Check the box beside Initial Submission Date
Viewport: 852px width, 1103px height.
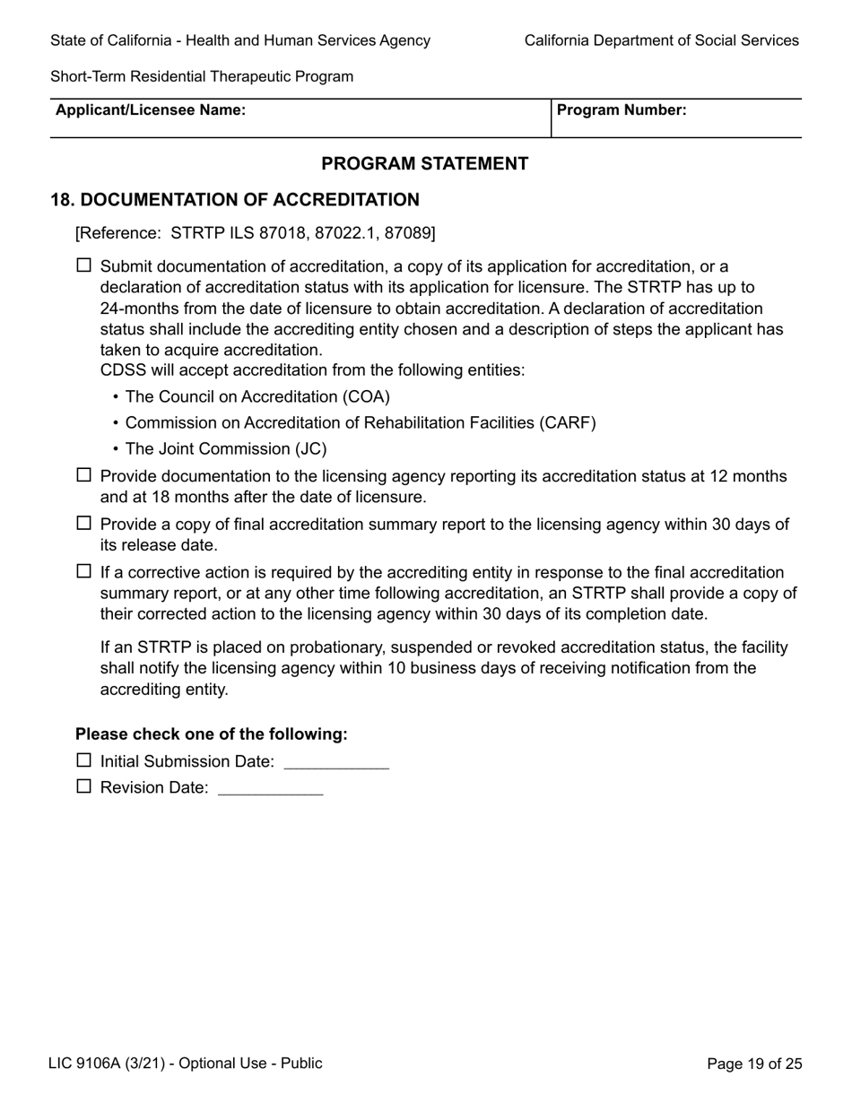point(83,760)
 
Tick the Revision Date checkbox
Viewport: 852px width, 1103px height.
point(83,786)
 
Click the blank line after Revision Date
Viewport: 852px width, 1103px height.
point(270,789)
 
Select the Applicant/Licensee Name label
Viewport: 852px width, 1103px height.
point(151,110)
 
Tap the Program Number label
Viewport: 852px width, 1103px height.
point(622,110)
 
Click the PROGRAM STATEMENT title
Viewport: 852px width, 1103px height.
point(424,163)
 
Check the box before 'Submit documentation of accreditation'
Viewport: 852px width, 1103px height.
point(83,265)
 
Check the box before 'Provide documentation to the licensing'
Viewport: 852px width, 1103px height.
point(83,475)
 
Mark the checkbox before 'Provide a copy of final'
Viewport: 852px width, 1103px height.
point(83,523)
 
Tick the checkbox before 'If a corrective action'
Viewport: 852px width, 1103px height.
point(83,571)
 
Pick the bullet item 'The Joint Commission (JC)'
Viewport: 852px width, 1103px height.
point(226,448)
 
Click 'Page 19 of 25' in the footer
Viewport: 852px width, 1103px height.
point(754,1064)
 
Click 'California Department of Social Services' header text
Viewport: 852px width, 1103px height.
point(661,40)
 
